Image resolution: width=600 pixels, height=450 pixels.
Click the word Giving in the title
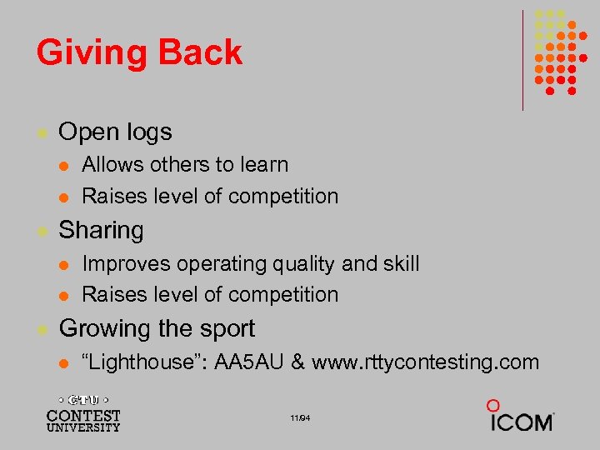[87, 52]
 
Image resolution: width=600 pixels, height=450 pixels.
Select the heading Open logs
[115, 132]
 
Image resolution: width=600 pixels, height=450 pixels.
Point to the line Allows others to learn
[185, 165]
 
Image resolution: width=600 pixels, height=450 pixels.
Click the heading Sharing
[101, 230]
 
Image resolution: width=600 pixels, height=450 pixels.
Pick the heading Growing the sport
[157, 328]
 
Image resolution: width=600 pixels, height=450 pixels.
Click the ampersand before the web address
[297, 362]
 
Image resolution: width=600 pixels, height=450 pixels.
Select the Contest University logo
[83, 412]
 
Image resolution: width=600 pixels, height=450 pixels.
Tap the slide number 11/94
[301, 417]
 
